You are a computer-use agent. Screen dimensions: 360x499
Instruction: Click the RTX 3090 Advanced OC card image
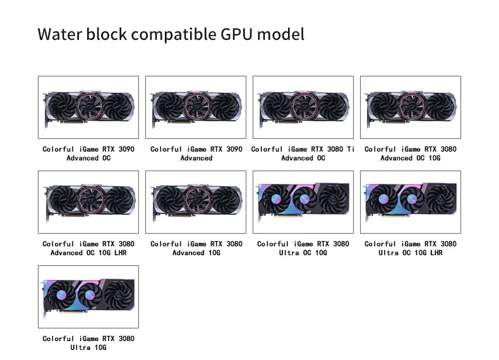click(88, 107)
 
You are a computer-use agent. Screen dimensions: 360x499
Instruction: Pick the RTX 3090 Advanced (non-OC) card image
click(196, 107)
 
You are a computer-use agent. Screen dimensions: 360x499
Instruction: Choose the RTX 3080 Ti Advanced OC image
click(303, 107)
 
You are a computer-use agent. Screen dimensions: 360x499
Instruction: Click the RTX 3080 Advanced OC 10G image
click(411, 107)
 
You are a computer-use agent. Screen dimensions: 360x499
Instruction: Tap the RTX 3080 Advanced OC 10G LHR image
click(88, 202)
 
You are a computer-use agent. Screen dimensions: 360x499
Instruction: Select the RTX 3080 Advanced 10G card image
click(196, 202)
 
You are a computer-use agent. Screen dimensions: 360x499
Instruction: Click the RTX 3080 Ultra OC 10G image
click(303, 202)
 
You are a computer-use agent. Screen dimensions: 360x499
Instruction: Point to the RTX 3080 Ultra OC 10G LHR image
click(411, 202)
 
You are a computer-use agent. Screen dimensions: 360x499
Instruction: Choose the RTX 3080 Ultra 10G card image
click(88, 297)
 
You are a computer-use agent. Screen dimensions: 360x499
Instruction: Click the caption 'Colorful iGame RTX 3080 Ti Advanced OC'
click(303, 153)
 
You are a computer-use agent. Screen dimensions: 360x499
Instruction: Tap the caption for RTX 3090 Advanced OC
click(88, 153)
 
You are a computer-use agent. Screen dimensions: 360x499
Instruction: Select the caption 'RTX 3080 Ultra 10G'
click(88, 343)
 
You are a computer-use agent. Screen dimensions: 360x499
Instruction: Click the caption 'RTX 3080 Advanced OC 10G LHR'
click(88, 248)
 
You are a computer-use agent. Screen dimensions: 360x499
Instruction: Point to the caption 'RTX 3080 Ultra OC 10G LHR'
click(411, 248)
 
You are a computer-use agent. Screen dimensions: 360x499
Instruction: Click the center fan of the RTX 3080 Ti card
click(304, 105)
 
